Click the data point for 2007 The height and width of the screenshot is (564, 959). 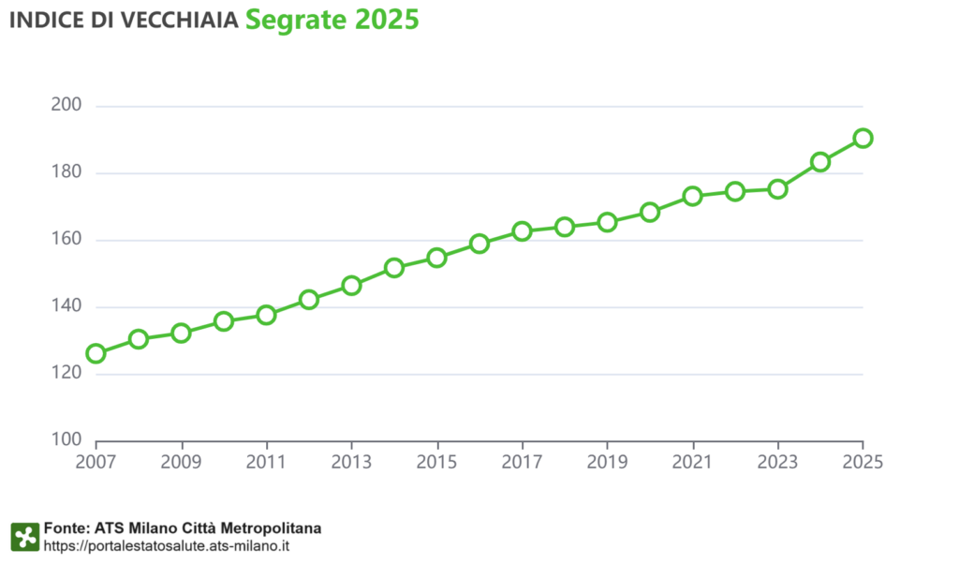coord(96,353)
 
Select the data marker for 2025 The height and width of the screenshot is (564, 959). coord(863,139)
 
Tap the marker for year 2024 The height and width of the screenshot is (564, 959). coord(820,162)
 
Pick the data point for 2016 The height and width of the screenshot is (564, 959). coord(479,244)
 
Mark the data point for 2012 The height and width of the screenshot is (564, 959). coord(309,300)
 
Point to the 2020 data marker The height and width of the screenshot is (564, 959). coord(650,212)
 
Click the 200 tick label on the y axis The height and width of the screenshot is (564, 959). coord(66,106)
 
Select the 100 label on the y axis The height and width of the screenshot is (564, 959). coord(66,440)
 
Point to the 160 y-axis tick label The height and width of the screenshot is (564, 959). coord(66,240)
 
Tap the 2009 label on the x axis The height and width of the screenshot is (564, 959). coord(181,461)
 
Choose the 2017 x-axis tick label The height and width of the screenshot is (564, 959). coord(522,461)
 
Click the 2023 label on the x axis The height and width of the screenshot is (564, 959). coord(777,461)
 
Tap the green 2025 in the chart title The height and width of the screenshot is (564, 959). coord(387,22)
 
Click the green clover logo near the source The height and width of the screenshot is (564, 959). coord(24,537)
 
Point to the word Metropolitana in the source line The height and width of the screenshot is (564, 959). coord(276,528)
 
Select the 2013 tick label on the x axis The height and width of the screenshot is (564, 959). coord(351,461)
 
